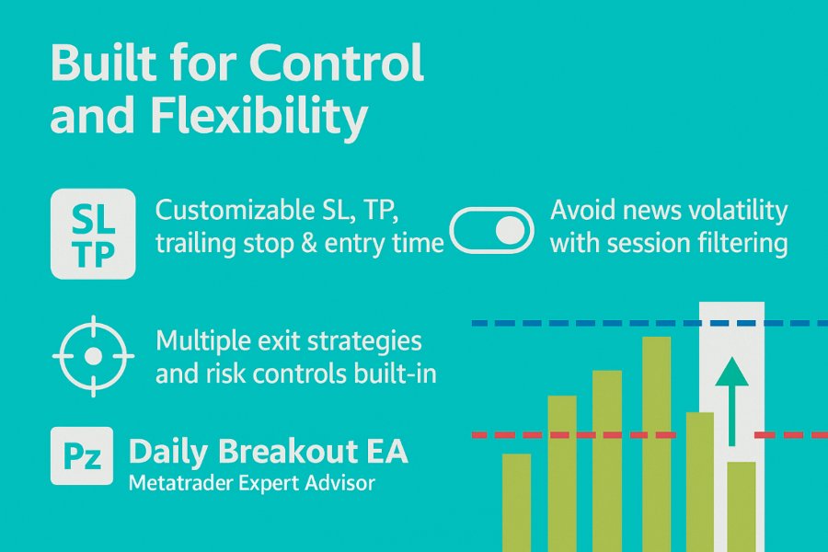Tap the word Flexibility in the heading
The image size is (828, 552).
(x=259, y=115)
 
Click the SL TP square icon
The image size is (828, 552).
(x=93, y=234)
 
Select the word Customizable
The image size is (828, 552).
(x=233, y=211)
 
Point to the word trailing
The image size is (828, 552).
(x=195, y=243)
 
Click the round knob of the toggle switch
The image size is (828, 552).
(x=510, y=231)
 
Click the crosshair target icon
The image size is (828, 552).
(x=93, y=357)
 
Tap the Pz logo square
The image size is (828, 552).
(x=82, y=456)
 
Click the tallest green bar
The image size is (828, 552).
(x=656, y=444)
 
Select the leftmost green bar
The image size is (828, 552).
(x=516, y=503)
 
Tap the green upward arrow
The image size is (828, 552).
(x=732, y=401)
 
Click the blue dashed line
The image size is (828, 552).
(x=650, y=323)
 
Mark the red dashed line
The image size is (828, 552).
(x=650, y=435)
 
